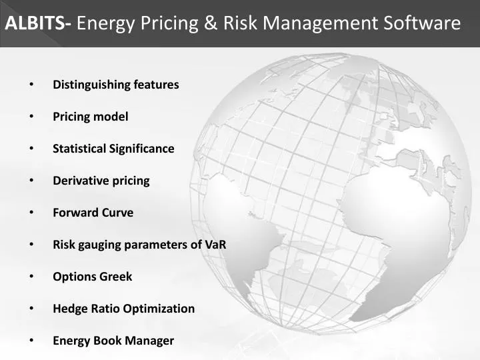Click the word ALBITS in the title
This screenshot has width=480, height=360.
pos(37,24)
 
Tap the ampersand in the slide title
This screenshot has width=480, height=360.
pos(210,24)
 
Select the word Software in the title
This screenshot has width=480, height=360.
pos(422,24)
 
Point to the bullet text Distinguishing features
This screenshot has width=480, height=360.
pos(116,85)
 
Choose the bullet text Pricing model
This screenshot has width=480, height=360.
pos(91,117)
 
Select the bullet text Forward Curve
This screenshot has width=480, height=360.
pos(93,213)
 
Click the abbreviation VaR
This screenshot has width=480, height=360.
pos(215,245)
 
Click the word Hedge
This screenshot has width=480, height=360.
pos(68,309)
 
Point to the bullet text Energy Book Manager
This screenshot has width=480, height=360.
pos(113,341)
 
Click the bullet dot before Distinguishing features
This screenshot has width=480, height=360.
pos(31,85)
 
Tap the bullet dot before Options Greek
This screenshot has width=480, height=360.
pos(31,277)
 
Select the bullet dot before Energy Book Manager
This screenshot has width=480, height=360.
pos(31,341)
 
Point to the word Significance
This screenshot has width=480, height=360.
pos(142,149)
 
